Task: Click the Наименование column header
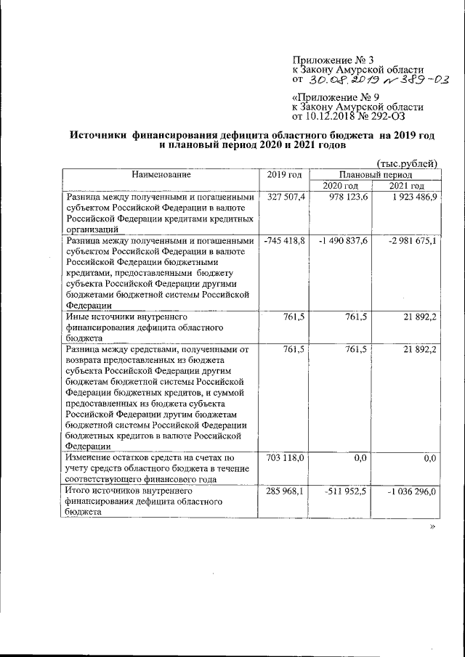pos(161,175)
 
